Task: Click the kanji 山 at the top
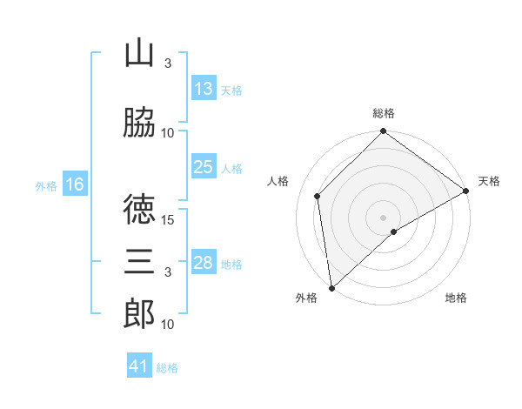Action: tap(139, 54)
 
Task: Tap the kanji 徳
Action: tap(139, 210)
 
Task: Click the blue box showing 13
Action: tap(204, 89)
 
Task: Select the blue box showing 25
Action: tap(204, 167)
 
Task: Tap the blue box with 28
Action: tap(204, 263)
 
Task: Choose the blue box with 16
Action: tap(74, 184)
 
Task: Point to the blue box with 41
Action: tap(139, 366)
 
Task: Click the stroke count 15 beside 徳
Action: tap(169, 219)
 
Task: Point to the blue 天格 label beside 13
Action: tap(231, 90)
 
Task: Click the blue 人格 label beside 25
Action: tap(231, 168)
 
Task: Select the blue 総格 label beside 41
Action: tap(167, 367)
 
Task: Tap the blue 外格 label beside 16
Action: tap(45, 185)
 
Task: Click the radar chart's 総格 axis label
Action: tap(384, 113)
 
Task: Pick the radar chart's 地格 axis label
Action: tap(456, 298)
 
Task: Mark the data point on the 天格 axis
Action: tap(466, 191)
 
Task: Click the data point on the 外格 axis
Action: tap(331, 288)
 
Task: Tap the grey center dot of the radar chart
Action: tap(383, 217)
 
